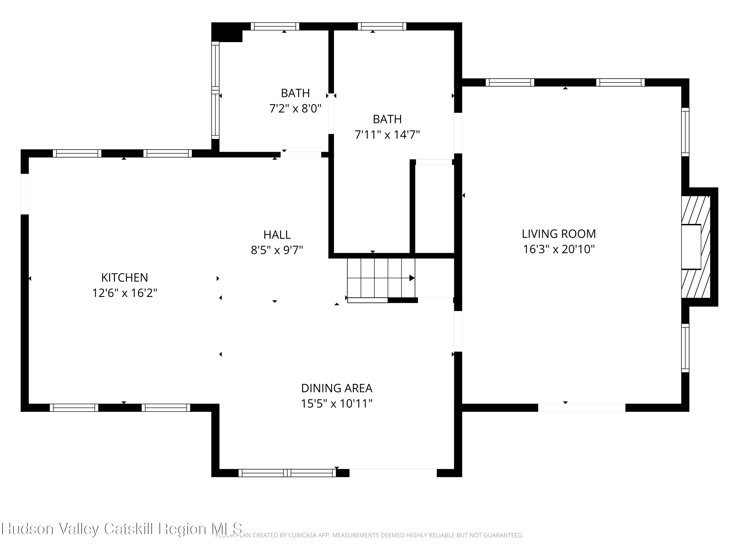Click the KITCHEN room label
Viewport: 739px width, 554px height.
tap(124, 277)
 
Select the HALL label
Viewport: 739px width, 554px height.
tap(277, 235)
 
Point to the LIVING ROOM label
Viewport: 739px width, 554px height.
tap(559, 234)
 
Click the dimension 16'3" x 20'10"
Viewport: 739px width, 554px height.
tap(559, 249)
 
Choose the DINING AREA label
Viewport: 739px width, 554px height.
tap(336, 388)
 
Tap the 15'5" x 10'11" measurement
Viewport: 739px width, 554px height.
tap(336, 404)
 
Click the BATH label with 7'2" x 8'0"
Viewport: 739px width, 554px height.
tap(295, 93)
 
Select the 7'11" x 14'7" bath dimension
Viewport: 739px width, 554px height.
tap(387, 135)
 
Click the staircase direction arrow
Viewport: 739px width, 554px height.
tap(412, 278)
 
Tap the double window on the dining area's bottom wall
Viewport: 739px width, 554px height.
tap(287, 473)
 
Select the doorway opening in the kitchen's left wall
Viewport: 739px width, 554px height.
tap(25, 194)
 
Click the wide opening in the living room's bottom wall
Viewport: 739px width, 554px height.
tap(581, 407)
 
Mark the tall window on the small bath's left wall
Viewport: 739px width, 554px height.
tap(216, 90)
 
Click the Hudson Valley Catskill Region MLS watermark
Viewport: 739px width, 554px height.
tap(122, 529)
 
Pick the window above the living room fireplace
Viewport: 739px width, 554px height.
tap(685, 132)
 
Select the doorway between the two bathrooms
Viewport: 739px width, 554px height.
tap(331, 114)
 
